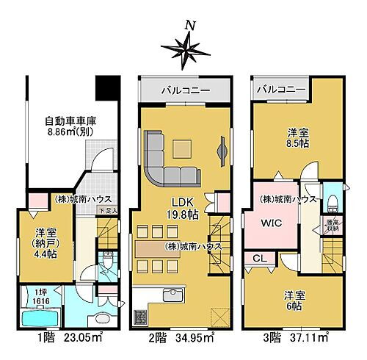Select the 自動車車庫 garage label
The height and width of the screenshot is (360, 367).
click(x=73, y=121)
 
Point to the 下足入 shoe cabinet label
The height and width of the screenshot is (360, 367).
click(x=109, y=212)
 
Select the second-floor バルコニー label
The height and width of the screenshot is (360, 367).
click(x=186, y=91)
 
